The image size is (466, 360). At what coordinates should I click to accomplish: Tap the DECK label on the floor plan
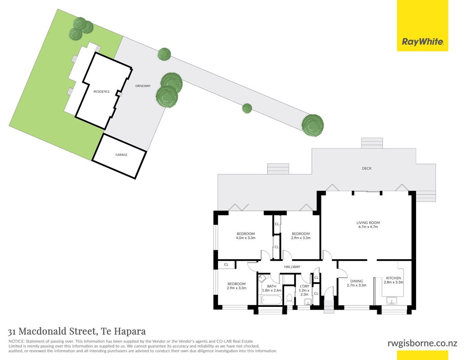[367, 168]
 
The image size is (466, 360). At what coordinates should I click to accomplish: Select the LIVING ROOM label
[368, 222]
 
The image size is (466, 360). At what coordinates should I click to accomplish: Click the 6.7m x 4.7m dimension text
[368, 227]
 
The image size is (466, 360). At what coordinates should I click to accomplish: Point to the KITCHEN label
[393, 278]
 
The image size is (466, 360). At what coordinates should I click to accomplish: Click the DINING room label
[356, 281]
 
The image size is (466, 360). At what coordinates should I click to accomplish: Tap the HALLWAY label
[292, 267]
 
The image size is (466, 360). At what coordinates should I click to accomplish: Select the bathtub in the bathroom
[271, 300]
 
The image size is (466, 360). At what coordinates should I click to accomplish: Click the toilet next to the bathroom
[289, 299]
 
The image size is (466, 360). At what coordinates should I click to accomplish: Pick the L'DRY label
[305, 286]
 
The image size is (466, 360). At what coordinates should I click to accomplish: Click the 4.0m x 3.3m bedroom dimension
[246, 238]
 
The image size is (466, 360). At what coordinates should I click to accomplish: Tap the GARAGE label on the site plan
[122, 155]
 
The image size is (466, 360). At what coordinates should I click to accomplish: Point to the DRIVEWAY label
[143, 86]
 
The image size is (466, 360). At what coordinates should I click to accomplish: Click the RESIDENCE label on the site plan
[102, 91]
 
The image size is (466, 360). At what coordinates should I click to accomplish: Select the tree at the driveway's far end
[312, 125]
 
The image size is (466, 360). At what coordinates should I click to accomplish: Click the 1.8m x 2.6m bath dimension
[271, 291]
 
